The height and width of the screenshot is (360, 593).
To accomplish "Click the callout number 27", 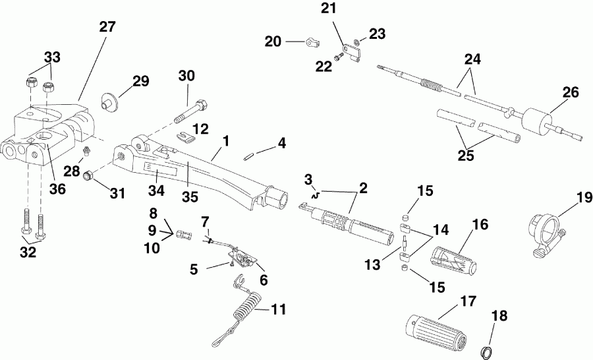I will pyautogui.click(x=107, y=27).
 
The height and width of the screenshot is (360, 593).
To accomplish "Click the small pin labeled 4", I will pyautogui.click(x=249, y=156).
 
